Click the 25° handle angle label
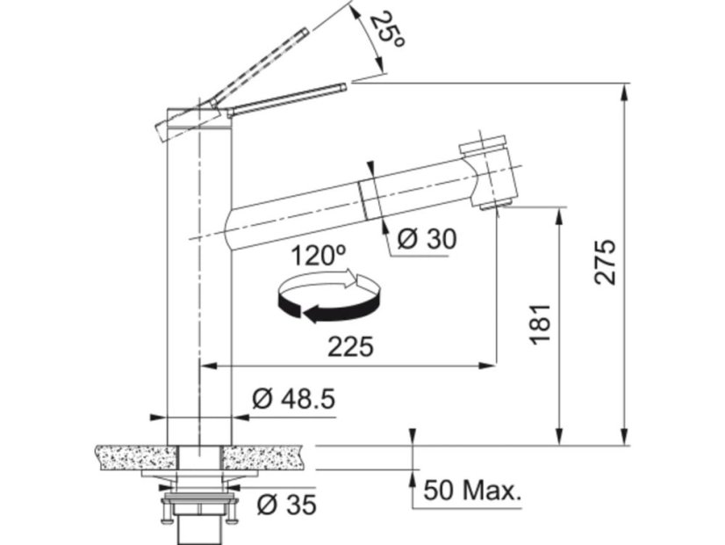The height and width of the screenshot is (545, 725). tap(387, 29)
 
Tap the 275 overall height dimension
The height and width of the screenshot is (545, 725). tap(606, 262)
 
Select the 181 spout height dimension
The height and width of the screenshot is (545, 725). tap(541, 324)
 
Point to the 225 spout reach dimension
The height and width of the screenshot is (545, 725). tap(350, 347)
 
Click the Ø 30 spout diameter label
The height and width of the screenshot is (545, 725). tap(427, 239)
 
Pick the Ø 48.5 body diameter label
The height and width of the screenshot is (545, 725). tap(293, 399)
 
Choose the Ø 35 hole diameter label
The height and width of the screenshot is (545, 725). tap(287, 505)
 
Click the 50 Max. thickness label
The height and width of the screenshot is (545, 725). tap(472, 490)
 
